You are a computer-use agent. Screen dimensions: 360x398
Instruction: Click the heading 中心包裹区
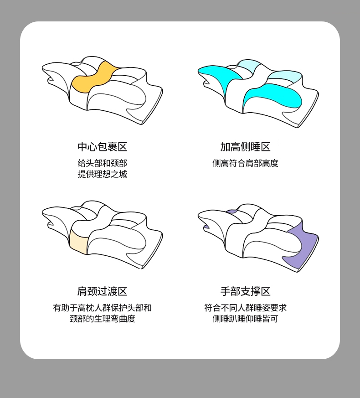tap(102, 147)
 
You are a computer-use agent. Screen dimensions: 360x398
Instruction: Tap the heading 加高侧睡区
tap(245, 147)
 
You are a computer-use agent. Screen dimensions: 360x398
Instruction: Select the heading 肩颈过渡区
tap(102, 291)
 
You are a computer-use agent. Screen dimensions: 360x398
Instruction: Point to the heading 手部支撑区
tap(245, 291)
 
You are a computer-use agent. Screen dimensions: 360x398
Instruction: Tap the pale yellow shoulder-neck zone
tap(78, 241)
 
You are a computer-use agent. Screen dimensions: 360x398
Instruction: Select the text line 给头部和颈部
tap(102, 163)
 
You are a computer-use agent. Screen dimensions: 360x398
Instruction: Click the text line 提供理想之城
tap(102, 174)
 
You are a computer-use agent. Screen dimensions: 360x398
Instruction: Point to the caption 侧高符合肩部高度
tap(245, 163)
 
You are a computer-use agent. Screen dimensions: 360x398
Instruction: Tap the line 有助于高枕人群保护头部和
tap(102, 308)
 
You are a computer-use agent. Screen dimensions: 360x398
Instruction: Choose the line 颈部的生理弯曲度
tap(102, 319)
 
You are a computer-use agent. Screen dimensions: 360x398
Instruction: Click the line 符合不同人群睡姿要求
tap(245, 308)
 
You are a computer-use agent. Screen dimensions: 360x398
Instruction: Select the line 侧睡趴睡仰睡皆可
tap(245, 319)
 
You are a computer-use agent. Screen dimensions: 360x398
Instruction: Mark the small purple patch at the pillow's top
tap(231, 211)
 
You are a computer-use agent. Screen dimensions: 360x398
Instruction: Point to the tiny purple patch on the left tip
tap(206, 227)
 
